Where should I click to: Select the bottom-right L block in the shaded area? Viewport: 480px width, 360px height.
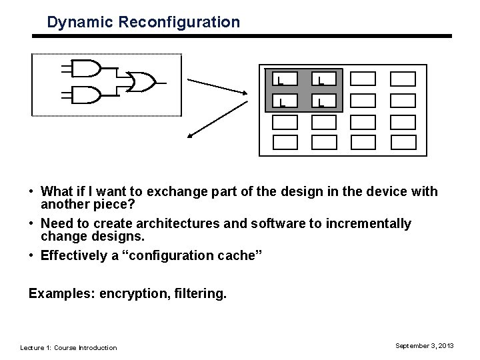(324, 101)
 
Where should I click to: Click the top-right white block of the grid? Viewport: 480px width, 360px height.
(403, 79)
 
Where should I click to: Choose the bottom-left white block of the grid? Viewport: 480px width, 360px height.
(285, 143)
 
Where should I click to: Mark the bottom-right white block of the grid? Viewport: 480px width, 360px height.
(403, 143)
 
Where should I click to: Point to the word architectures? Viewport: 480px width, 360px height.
(178, 223)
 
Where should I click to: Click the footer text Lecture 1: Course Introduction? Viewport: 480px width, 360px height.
(69, 347)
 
